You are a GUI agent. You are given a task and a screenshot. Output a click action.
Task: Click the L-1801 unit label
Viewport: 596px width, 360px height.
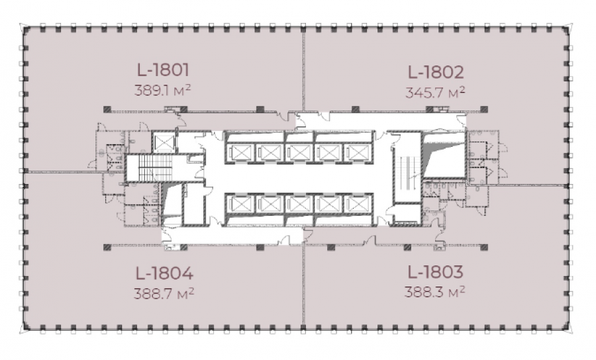point(163,70)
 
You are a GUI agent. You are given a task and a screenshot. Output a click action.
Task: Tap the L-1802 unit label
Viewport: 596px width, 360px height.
point(436,72)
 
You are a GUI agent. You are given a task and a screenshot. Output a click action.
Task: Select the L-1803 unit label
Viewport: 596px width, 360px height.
point(435,272)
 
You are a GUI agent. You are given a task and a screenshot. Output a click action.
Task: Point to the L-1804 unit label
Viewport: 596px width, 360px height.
point(164,273)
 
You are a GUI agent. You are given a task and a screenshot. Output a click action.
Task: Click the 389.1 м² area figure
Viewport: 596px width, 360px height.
point(162,91)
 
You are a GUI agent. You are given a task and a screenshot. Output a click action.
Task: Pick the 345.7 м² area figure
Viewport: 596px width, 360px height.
point(435,92)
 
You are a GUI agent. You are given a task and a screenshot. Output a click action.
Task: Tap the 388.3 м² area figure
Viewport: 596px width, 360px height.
point(434,292)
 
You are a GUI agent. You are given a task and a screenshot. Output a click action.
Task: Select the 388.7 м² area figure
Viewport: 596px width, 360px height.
point(164,294)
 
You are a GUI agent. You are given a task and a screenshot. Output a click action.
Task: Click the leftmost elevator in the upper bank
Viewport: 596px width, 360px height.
point(240,153)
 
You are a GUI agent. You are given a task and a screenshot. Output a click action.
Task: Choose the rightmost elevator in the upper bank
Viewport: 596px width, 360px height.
point(356,153)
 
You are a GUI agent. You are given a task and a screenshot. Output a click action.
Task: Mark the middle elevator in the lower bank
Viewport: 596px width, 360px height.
point(298,204)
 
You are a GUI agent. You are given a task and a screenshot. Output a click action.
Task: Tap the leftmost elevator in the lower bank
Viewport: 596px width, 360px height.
point(240,204)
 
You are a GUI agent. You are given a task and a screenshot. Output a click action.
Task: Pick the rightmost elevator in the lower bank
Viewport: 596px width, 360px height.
point(356,204)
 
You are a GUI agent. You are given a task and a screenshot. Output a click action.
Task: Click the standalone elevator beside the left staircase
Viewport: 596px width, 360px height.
point(164,142)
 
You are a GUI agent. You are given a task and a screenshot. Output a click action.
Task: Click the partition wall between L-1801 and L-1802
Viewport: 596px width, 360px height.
point(303,69)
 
